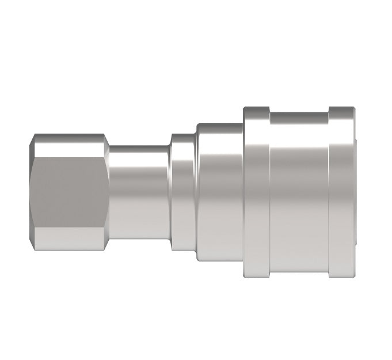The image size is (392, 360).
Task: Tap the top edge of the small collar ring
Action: click(x=183, y=136)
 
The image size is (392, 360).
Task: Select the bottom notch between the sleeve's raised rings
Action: click(x=299, y=272)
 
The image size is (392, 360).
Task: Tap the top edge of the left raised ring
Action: click(x=256, y=108)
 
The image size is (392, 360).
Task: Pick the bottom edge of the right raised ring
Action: click(x=341, y=276)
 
